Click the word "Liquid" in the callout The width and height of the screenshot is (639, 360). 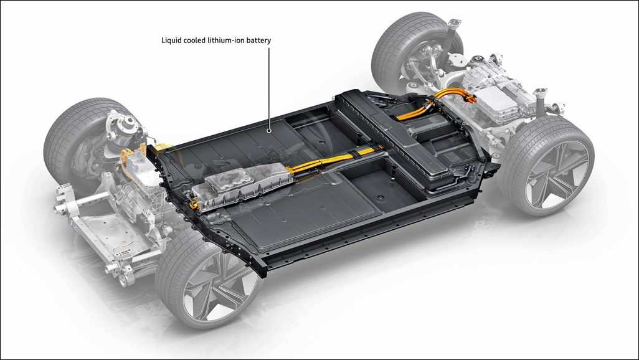tap(171, 40)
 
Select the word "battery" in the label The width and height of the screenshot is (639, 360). tap(258, 40)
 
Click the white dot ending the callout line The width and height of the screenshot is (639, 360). tap(269, 131)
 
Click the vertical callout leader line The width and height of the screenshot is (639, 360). tap(269, 88)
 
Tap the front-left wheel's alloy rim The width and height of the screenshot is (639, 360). tap(215, 287)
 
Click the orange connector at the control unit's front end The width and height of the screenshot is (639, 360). tap(195, 202)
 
